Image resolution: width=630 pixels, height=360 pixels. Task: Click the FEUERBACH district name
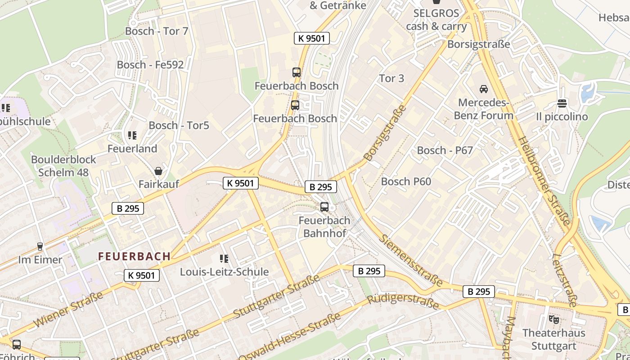click(134, 256)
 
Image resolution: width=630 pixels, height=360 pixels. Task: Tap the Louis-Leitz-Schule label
click(224, 272)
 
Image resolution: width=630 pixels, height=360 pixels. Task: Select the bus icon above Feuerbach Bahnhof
click(324, 207)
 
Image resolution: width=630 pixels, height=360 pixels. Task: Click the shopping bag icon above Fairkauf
click(158, 171)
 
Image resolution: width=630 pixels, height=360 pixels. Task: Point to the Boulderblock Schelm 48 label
click(63, 166)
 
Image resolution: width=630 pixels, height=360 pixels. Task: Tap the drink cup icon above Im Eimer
click(40, 247)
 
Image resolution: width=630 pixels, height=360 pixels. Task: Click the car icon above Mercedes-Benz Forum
click(484, 89)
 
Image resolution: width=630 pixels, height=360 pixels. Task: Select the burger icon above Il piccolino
click(562, 103)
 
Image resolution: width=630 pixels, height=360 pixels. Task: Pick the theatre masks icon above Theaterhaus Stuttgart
click(553, 319)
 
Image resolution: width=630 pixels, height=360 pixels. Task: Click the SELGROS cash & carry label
click(436, 20)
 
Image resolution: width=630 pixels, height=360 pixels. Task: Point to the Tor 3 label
click(391, 78)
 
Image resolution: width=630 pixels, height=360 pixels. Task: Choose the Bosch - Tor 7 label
click(157, 31)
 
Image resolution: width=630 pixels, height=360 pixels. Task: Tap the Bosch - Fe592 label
click(150, 65)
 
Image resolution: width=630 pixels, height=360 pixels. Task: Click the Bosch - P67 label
click(445, 150)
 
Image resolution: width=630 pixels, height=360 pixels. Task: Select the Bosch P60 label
click(406, 181)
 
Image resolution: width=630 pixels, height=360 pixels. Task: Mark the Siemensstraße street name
click(410, 260)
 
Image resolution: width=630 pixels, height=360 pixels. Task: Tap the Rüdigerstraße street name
click(403, 302)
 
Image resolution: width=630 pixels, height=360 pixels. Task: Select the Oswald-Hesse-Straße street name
click(288, 337)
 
